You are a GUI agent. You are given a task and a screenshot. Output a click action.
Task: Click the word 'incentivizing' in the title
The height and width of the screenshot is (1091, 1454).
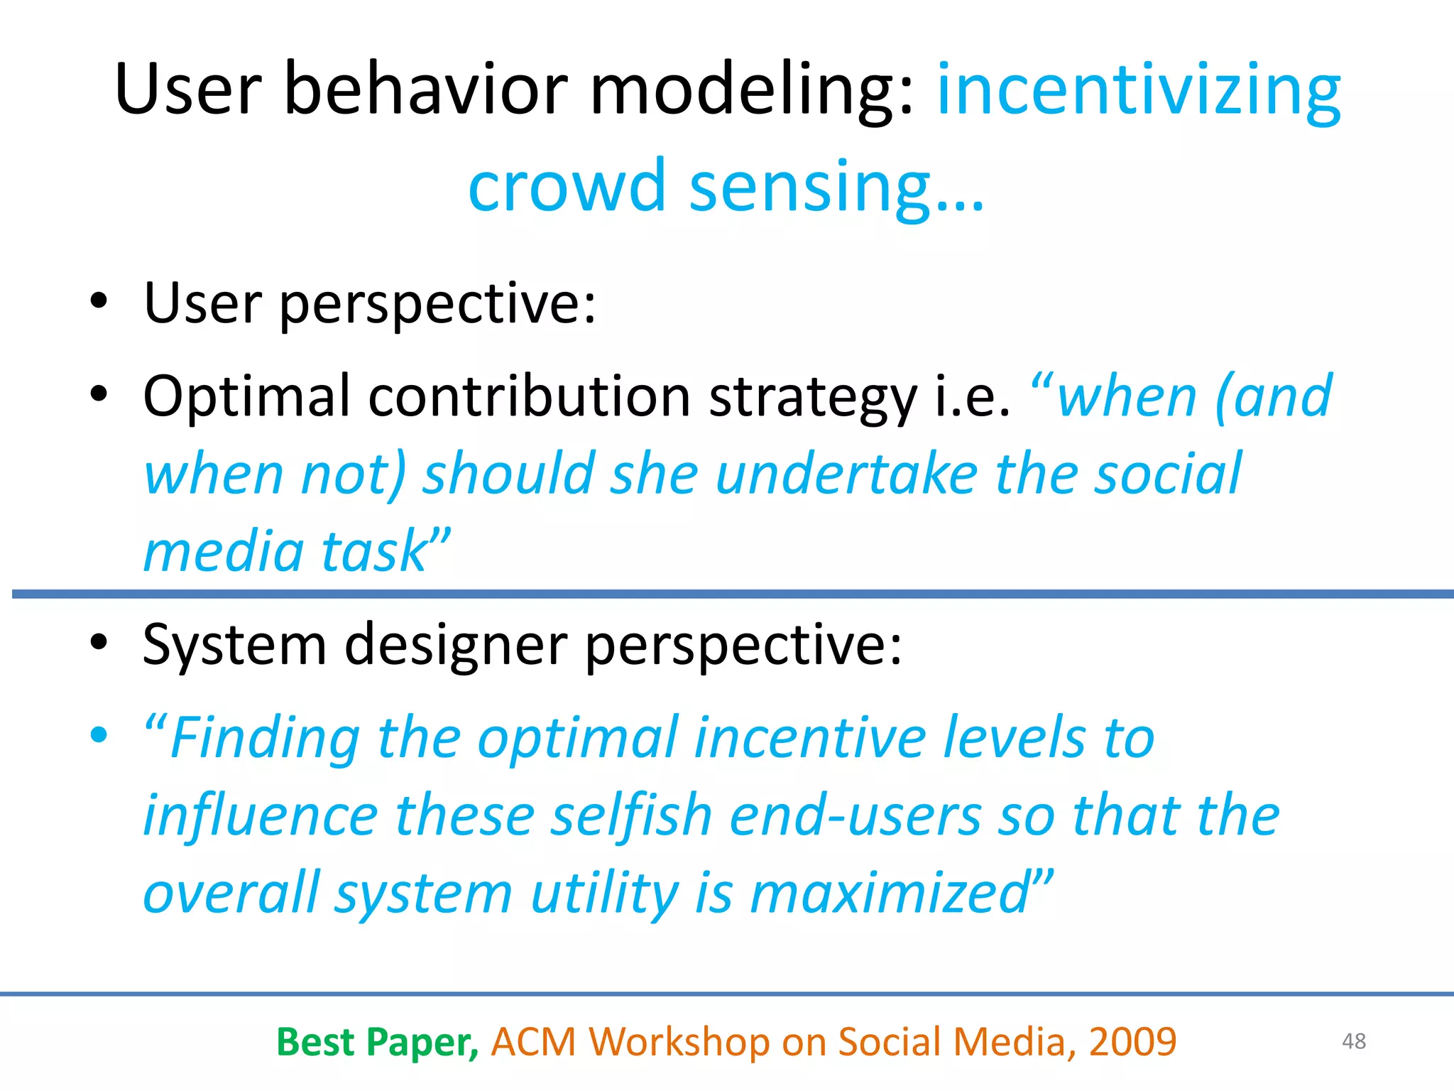coord(1139,91)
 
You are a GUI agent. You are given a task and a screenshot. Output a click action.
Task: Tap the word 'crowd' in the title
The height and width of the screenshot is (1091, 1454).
coord(567,186)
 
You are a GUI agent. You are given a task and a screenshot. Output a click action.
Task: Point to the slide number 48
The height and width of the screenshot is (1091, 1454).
coord(1354,1041)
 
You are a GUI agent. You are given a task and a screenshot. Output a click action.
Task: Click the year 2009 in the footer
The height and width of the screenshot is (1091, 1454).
coord(1132,1042)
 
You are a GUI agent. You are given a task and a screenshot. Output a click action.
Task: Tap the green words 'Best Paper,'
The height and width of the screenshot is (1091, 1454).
coord(377,1042)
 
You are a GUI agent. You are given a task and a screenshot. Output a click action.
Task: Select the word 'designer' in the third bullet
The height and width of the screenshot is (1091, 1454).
coord(455,645)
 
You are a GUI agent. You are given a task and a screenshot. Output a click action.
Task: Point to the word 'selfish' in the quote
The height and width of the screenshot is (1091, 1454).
coord(631,815)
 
